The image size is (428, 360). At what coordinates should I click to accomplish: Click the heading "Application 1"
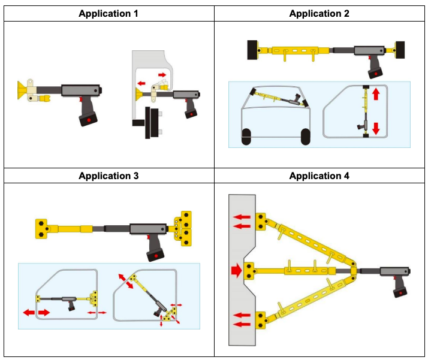point(108,13)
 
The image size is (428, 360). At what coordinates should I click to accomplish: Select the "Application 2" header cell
point(320,13)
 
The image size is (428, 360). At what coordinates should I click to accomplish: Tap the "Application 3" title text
point(108,176)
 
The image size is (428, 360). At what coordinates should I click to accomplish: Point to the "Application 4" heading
point(320,176)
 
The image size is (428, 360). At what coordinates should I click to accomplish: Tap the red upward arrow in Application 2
point(376,94)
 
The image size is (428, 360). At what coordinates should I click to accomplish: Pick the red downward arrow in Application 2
point(376,128)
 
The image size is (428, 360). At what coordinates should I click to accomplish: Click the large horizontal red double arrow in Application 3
point(37,313)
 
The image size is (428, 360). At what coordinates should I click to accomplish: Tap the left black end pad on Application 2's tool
point(252,49)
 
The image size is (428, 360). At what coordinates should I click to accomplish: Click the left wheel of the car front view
point(246,137)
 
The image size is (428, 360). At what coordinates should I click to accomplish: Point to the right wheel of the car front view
point(305,137)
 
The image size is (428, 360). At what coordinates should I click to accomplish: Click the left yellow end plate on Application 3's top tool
point(41,228)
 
